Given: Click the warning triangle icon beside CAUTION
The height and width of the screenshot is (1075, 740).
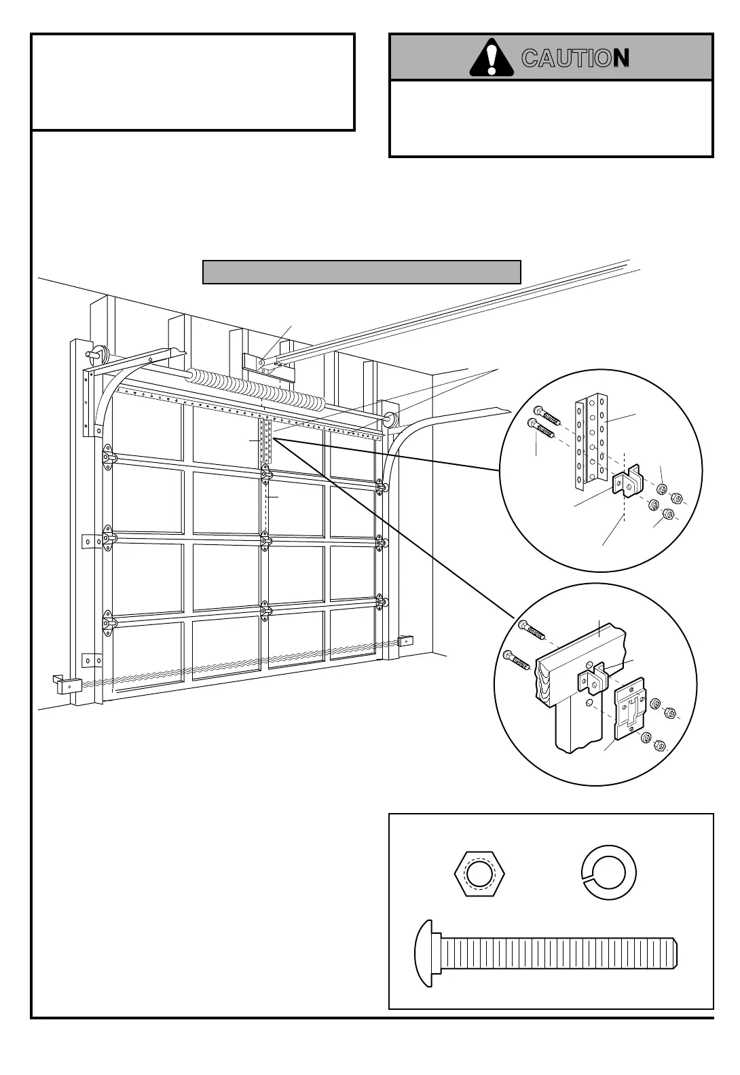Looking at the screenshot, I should [x=491, y=58].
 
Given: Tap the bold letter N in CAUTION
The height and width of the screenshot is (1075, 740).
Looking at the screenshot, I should [x=621, y=58].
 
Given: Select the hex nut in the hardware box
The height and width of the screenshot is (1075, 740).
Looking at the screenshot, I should [x=479, y=873].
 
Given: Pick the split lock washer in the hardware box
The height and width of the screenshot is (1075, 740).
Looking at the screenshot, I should [x=609, y=873].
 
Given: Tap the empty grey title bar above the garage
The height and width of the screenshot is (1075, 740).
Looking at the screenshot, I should [x=361, y=272].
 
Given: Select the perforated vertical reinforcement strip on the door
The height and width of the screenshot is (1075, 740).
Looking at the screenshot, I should [x=265, y=441].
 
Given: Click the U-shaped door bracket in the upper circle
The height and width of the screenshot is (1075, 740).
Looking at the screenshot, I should [x=628, y=484].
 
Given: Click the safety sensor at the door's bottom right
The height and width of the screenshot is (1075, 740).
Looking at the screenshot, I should [x=406, y=640].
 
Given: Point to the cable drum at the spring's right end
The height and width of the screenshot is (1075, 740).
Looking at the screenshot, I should [x=391, y=419].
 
